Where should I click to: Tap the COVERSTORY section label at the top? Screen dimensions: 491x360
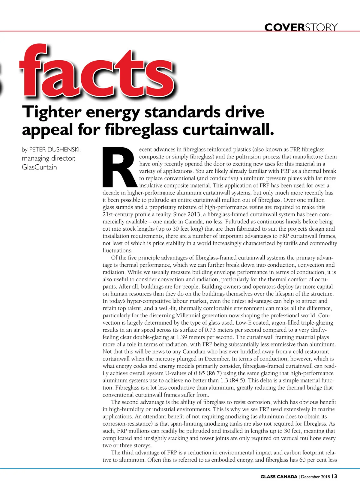tap(301, 28)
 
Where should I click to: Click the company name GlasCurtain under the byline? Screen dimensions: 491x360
tap(39, 167)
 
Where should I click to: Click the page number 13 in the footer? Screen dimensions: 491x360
tap(334, 476)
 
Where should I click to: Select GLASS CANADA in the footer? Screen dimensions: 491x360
tap(279, 477)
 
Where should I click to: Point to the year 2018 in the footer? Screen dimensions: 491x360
tap(325, 477)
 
